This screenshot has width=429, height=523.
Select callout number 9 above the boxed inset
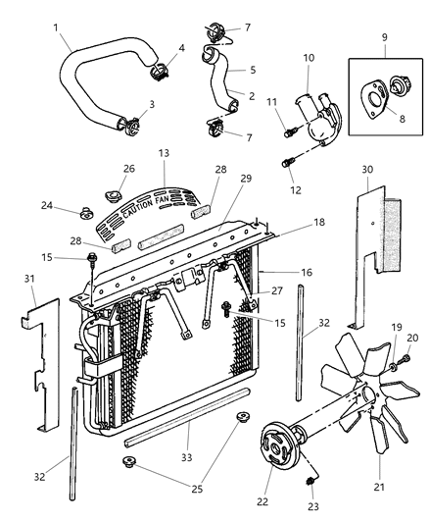(383, 43)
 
